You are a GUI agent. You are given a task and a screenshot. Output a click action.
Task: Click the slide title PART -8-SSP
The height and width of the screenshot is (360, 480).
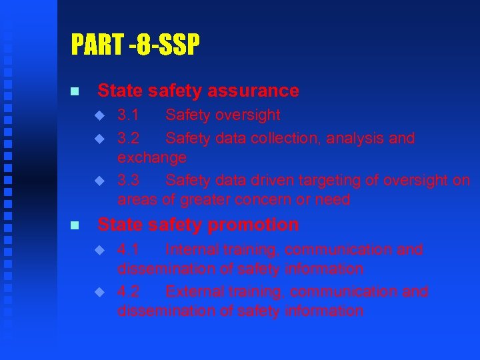pyautogui.click(x=135, y=45)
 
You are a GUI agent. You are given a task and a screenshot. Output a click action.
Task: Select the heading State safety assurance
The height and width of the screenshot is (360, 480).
pyautogui.click(x=198, y=90)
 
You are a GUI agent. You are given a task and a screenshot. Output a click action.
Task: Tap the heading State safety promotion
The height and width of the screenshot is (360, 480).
pyautogui.click(x=198, y=225)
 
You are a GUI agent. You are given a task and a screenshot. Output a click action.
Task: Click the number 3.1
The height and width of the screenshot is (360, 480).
pyautogui.click(x=128, y=115)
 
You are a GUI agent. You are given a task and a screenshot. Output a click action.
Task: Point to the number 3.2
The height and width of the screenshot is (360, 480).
pyautogui.click(x=128, y=139)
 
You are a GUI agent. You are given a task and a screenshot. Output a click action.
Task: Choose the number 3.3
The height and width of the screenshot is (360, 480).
pyautogui.click(x=128, y=180)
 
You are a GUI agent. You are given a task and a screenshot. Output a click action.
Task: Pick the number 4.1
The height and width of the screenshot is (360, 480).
pyautogui.click(x=128, y=250)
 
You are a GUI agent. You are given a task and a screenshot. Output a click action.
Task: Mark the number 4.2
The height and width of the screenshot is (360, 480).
pyautogui.click(x=128, y=292)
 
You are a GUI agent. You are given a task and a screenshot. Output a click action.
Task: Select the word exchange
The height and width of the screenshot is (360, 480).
pyautogui.click(x=152, y=158)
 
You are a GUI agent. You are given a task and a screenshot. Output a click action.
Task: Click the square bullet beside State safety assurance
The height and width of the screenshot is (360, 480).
pyautogui.click(x=75, y=91)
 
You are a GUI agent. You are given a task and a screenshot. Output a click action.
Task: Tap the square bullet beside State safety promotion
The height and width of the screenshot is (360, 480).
pyautogui.click(x=75, y=225)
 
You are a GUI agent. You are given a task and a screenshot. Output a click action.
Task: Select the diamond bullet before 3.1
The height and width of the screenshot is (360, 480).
pyautogui.click(x=100, y=115)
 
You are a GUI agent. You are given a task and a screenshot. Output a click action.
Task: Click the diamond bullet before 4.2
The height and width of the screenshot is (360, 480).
pyautogui.click(x=100, y=292)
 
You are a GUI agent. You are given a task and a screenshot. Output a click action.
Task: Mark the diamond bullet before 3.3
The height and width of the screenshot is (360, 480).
pyautogui.click(x=100, y=180)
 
